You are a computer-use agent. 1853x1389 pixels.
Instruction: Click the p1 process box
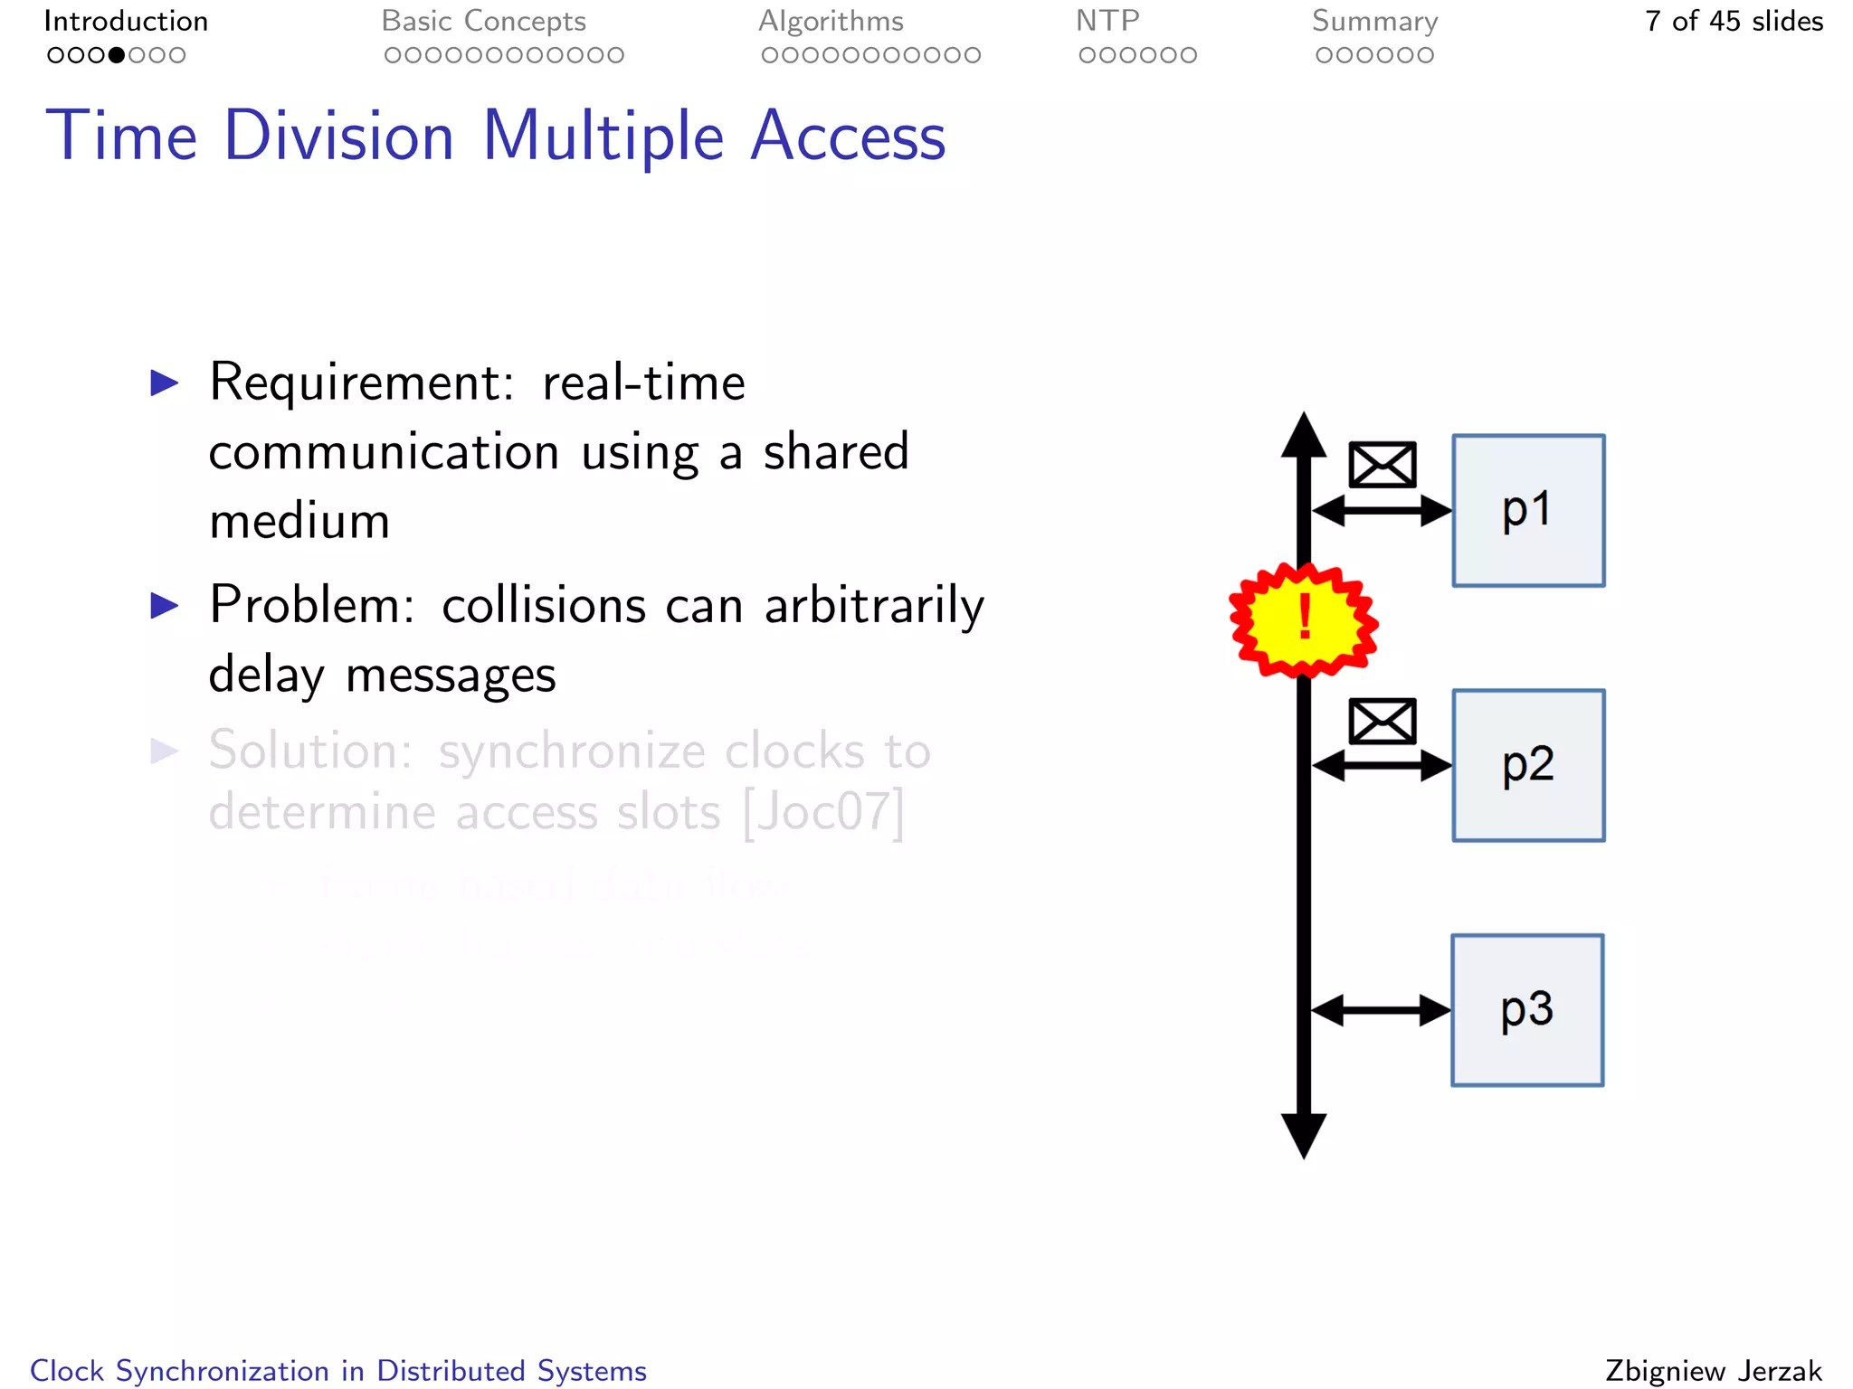pyautogui.click(x=1528, y=511)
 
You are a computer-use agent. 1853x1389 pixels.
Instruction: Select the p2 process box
pyautogui.click(x=1528, y=766)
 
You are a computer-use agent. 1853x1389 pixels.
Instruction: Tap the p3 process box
pyautogui.click(x=1527, y=1010)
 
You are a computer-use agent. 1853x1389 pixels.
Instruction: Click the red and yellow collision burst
pyautogui.click(x=1303, y=620)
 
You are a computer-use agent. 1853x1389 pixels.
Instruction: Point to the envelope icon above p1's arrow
pyautogui.click(x=1382, y=465)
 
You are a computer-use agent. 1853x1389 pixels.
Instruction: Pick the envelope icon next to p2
pyautogui.click(x=1382, y=721)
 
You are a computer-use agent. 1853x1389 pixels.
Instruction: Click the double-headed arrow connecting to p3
pyautogui.click(x=1381, y=1010)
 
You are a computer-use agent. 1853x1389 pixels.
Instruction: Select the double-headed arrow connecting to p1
pyautogui.click(x=1382, y=511)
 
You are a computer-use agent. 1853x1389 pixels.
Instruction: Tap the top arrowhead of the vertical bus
pyautogui.click(x=1304, y=435)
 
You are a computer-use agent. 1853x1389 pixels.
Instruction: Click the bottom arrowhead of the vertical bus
pyautogui.click(x=1304, y=1135)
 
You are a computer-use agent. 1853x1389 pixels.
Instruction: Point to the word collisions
pyautogui.click(x=544, y=605)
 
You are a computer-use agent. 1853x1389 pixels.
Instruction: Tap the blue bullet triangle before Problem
pyautogui.click(x=165, y=605)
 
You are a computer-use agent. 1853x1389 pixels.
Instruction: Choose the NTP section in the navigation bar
pyautogui.click(x=1107, y=21)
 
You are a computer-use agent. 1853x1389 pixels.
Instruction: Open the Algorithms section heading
pyautogui.click(x=831, y=21)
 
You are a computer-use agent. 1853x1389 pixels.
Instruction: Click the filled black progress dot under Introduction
pyautogui.click(x=117, y=55)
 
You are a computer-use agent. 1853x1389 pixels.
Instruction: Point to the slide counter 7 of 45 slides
pyautogui.click(x=1734, y=21)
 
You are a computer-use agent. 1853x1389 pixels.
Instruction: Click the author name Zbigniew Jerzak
pyautogui.click(x=1714, y=1371)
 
